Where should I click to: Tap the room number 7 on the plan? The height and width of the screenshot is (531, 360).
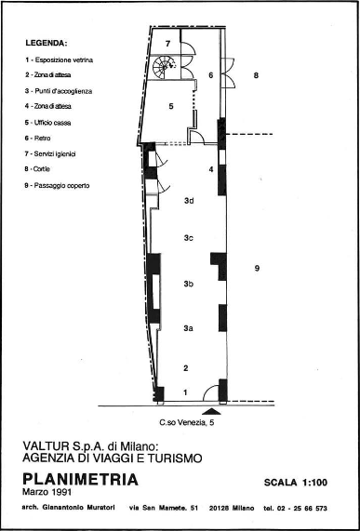click(x=167, y=44)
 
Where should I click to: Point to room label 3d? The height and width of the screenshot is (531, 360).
click(x=189, y=201)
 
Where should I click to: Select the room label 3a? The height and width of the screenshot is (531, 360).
click(x=188, y=328)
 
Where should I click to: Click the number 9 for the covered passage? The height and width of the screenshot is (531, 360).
click(x=257, y=269)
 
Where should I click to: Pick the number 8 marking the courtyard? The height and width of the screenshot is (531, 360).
click(x=256, y=75)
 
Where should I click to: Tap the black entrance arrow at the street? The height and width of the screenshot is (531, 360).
click(x=211, y=411)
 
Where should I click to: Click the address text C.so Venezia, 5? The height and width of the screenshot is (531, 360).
click(x=187, y=422)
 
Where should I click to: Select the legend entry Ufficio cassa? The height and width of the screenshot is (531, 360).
click(x=47, y=123)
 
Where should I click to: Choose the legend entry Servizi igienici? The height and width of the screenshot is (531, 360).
click(x=50, y=153)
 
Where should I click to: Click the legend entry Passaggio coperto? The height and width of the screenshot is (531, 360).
click(x=57, y=186)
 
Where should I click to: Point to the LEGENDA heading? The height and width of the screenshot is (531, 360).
click(x=47, y=44)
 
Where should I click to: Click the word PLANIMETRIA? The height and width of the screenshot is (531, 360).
click(x=80, y=480)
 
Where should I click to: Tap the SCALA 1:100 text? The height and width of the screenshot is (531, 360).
click(x=296, y=483)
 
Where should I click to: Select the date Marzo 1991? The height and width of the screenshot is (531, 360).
click(x=47, y=491)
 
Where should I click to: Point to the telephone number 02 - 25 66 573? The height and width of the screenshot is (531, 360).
click(x=301, y=508)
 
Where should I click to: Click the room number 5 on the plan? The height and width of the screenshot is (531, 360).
click(x=171, y=106)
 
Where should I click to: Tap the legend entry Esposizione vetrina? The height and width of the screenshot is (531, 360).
click(x=59, y=60)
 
